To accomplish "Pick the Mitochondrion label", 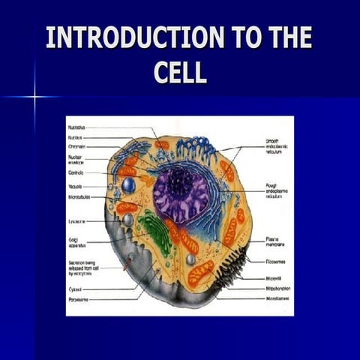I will [278, 287].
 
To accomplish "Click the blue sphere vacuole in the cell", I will [128, 184].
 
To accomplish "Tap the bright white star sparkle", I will [34, 97].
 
